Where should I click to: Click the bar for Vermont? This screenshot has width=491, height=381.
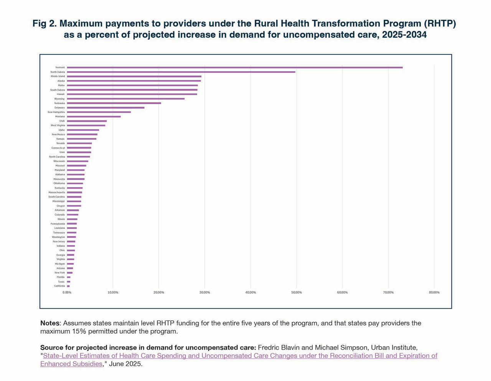[235, 67]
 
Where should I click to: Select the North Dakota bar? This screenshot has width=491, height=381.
[181, 72]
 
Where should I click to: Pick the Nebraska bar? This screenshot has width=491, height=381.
[114, 103]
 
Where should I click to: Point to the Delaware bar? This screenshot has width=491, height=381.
[105, 108]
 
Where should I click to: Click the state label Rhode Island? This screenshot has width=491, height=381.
[58, 76]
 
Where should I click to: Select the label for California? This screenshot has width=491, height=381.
[59, 286]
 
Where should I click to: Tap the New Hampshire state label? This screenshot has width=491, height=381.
[56, 112]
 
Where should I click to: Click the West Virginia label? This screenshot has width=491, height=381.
[58, 125]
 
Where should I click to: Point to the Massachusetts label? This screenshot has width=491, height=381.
[56, 192]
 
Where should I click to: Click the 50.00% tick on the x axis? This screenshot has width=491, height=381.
[296, 293]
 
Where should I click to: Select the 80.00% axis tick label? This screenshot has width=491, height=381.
[434, 293]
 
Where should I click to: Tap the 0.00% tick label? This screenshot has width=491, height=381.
[67, 293]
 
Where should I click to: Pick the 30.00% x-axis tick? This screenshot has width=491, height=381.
[204, 293]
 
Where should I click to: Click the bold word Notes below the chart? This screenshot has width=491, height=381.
[49, 323]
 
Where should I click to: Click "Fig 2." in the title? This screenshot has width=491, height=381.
[44, 23]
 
